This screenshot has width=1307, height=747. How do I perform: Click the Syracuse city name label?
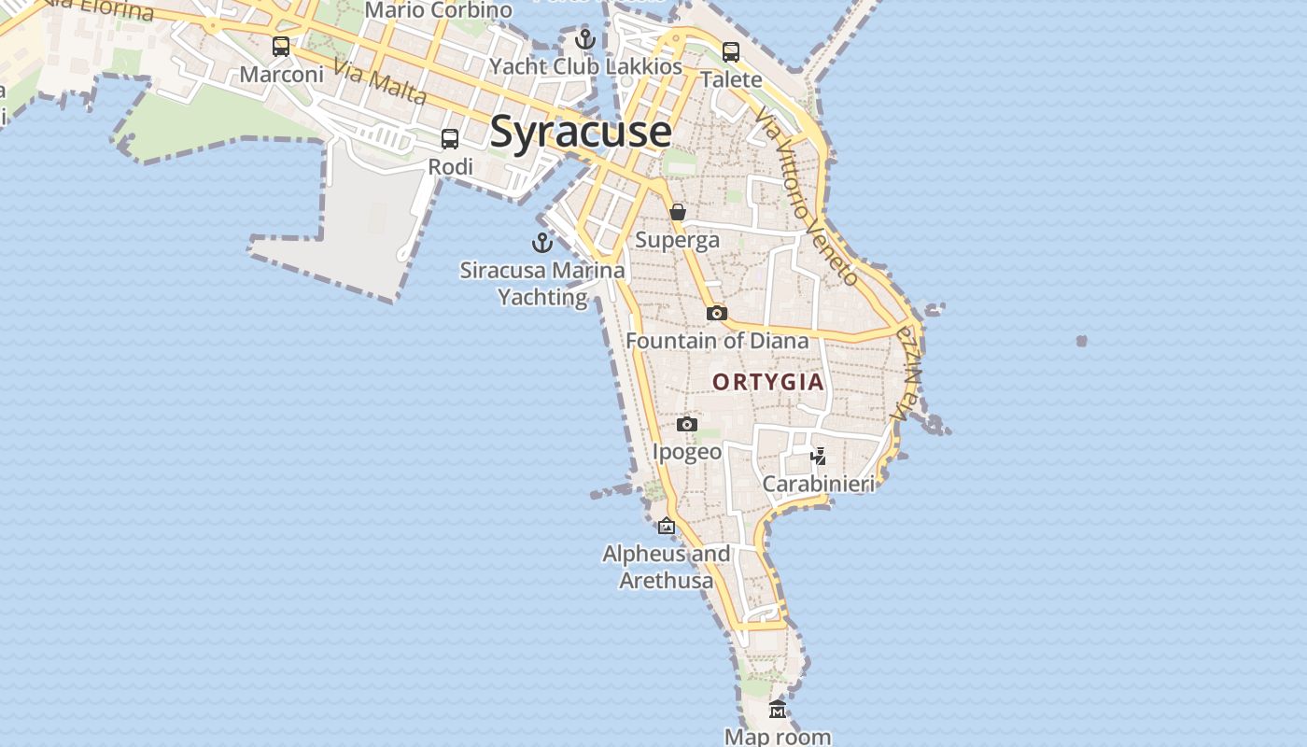click(580, 132)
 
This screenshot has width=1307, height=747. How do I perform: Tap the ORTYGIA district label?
click(768, 382)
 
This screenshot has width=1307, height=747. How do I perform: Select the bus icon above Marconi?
click(281, 46)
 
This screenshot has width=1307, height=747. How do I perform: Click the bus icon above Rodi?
click(450, 139)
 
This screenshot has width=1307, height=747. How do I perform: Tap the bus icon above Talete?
click(731, 52)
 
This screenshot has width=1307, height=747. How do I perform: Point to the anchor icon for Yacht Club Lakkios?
click(585, 39)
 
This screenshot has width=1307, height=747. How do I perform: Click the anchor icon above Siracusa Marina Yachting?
click(542, 243)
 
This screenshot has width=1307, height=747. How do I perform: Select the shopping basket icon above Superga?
click(678, 212)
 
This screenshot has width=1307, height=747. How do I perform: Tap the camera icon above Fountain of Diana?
click(717, 313)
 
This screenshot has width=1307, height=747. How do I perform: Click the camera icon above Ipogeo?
click(687, 425)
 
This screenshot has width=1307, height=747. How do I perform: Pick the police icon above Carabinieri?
click(819, 457)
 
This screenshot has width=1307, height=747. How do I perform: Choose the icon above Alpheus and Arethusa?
click(667, 527)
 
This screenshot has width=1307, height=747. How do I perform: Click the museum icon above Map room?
click(778, 711)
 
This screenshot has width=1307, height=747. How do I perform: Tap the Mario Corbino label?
click(439, 10)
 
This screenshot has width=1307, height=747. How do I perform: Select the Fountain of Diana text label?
click(717, 341)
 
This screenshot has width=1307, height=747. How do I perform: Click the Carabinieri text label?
click(819, 484)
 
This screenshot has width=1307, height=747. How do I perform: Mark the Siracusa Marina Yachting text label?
click(542, 284)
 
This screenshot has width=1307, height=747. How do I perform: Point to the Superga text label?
click(678, 240)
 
